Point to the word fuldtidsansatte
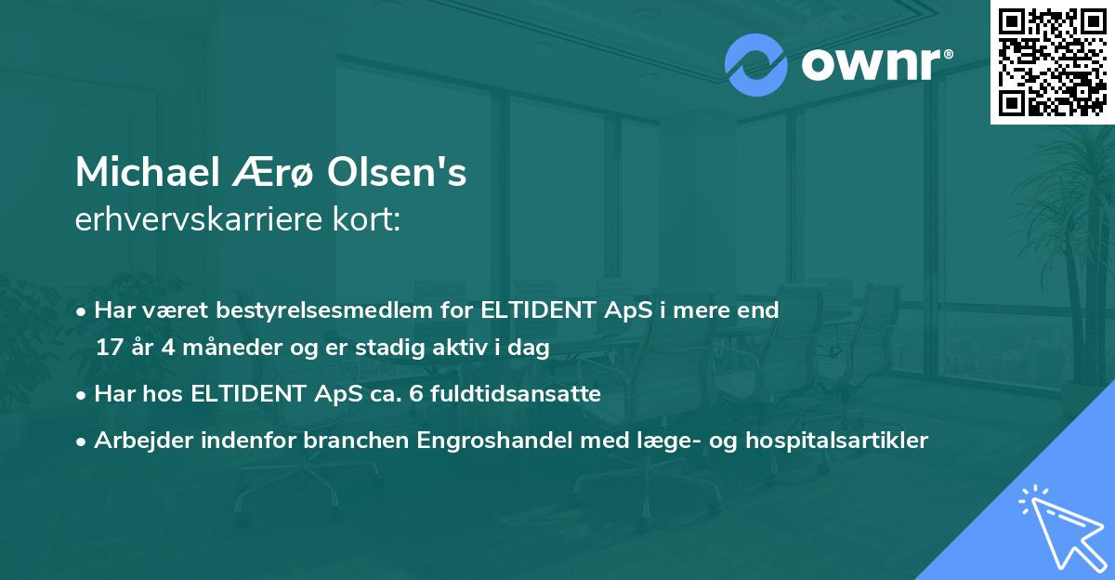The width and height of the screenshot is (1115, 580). (521, 394)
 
